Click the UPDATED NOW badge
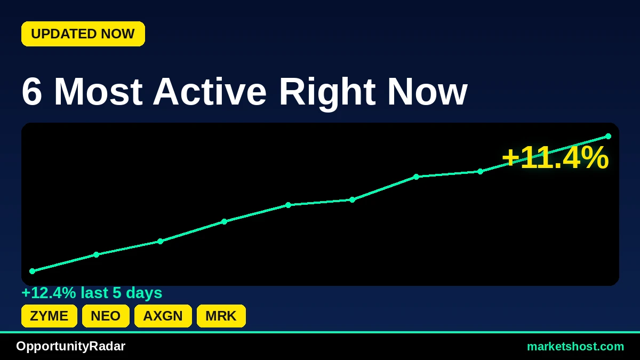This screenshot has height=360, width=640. click(83, 34)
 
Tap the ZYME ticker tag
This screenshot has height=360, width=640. click(49, 316)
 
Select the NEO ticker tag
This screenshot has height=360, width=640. click(106, 316)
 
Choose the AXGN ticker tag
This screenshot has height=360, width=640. click(163, 316)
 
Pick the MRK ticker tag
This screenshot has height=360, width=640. click(221, 316)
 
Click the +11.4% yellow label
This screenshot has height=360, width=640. click(555, 158)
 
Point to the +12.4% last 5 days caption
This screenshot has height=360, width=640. click(92, 293)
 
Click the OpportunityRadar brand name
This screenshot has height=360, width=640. click(70, 346)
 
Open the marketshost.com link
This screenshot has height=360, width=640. click(575, 347)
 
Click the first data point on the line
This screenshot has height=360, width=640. click(33, 271)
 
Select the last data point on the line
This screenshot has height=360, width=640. click(609, 137)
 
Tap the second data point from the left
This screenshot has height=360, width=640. click(97, 254)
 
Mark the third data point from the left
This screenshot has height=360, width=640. click(161, 241)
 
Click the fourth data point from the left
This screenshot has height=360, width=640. click(225, 221)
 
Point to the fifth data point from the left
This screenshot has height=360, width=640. click(289, 205)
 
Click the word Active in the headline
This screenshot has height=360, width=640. click(210, 92)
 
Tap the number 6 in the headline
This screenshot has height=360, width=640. click(31, 92)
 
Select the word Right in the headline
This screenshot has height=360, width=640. click(327, 93)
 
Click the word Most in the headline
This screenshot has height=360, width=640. click(98, 92)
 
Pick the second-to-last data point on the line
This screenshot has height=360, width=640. click(481, 171)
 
